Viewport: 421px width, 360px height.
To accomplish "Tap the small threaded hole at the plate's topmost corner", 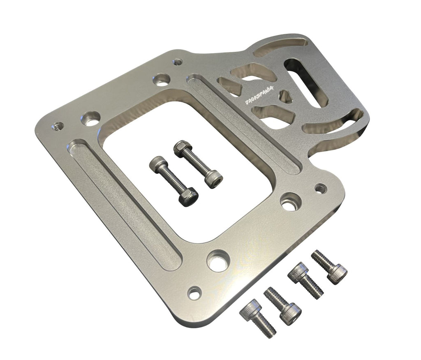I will [x=177, y=62].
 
